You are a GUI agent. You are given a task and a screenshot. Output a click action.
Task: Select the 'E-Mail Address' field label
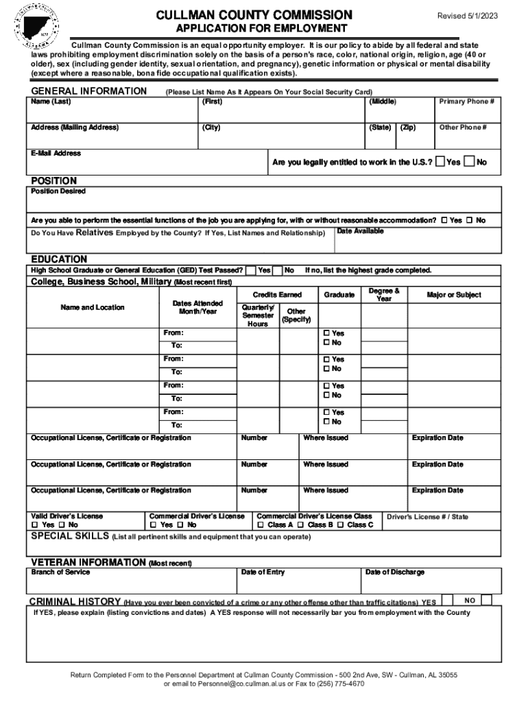point(56,154)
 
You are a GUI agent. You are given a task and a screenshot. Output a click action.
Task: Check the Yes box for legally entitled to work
point(440,162)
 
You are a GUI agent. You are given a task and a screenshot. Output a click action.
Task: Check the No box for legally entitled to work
point(469,162)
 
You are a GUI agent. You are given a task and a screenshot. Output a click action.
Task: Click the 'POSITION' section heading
point(54,181)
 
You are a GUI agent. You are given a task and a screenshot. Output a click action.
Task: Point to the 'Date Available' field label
point(361,232)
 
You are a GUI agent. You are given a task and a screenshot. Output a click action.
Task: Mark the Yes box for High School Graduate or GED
point(252,270)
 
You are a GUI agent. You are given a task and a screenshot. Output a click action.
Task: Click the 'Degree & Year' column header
point(384,295)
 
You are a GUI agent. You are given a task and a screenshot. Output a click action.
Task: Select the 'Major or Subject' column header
point(453,295)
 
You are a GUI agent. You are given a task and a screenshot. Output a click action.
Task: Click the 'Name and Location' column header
point(93,308)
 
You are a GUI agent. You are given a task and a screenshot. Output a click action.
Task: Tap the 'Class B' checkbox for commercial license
point(302,525)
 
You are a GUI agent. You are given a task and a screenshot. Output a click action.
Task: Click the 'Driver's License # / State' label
point(428,517)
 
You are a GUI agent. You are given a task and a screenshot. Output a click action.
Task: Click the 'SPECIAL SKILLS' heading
point(70,535)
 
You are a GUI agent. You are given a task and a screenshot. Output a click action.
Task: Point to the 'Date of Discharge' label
point(394,572)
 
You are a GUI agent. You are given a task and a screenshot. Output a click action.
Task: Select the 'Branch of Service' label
point(60,572)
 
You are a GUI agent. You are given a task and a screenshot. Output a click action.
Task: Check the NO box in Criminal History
point(486,600)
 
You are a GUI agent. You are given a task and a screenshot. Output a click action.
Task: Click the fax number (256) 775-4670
point(336,684)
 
